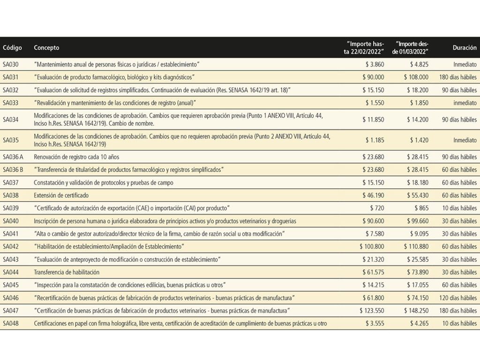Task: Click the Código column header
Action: coord(12,48)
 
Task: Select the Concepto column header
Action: coord(46,48)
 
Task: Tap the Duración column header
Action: coord(465,48)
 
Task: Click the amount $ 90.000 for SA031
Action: coord(373,77)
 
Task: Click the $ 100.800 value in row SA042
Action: coord(372,247)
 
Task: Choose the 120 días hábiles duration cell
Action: coord(458,298)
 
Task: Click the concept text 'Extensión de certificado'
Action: coord(61,195)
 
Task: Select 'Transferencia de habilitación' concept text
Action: coord(67,272)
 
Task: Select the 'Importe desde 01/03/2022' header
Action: coord(412,48)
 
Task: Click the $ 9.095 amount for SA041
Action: coord(419,234)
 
